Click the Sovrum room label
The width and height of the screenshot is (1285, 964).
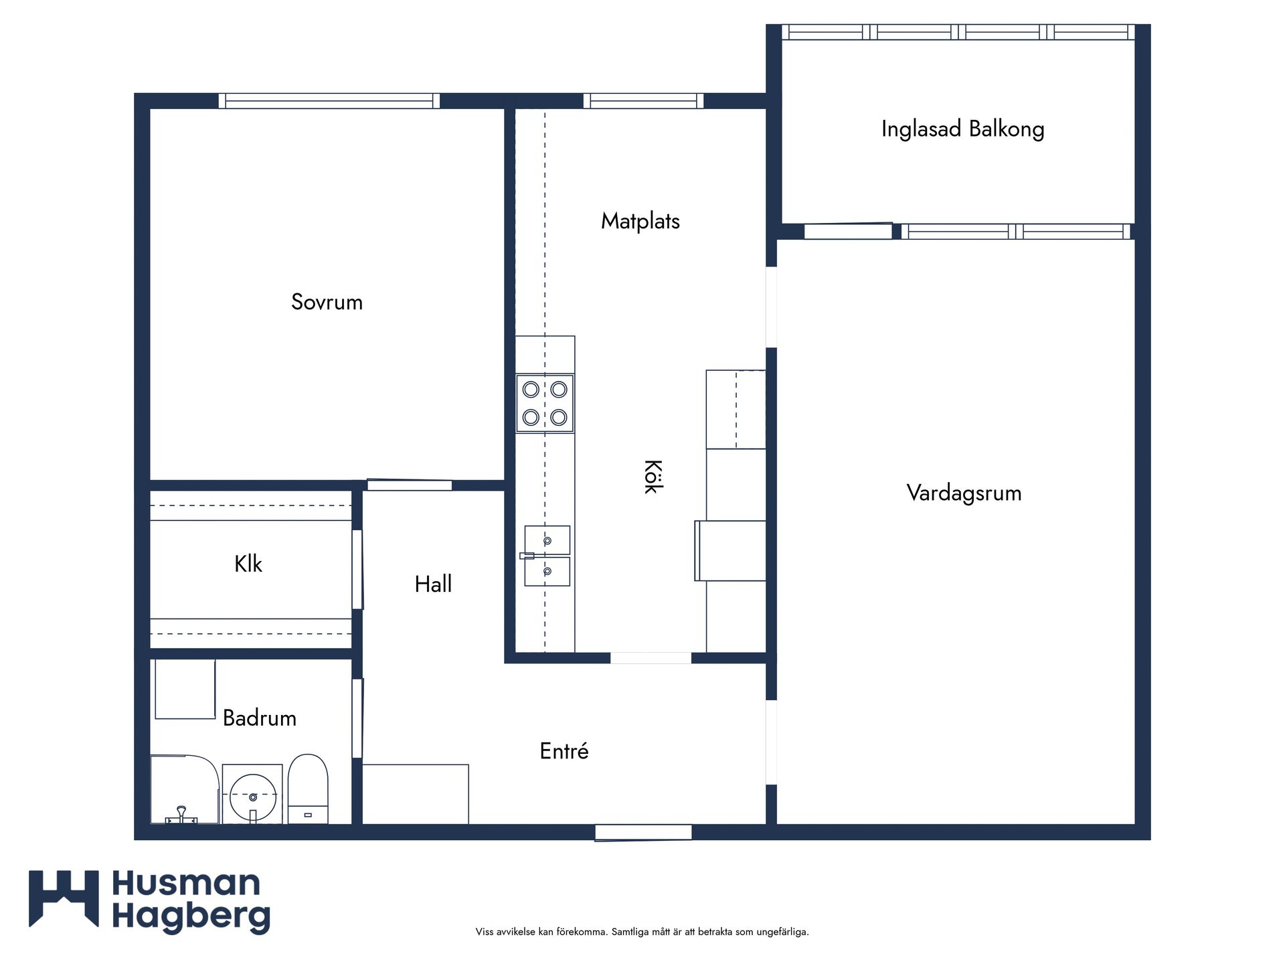pyautogui.click(x=327, y=302)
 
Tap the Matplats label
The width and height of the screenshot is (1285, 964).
pyautogui.click(x=640, y=221)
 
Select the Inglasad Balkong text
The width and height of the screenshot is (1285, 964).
pyautogui.click(x=962, y=129)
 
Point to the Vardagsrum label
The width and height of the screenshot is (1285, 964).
pyautogui.click(x=964, y=493)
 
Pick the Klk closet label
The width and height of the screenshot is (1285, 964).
pyautogui.click(x=248, y=564)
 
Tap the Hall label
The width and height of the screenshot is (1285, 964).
pyautogui.click(x=433, y=584)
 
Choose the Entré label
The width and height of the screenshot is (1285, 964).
pyautogui.click(x=564, y=750)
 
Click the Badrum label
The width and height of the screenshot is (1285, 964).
pyautogui.click(x=260, y=718)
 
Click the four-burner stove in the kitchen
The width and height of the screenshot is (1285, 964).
pyautogui.click(x=545, y=404)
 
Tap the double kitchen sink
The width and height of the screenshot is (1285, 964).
pyautogui.click(x=547, y=556)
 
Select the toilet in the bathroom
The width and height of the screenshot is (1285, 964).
pyautogui.click(x=308, y=789)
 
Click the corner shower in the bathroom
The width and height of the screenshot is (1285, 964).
pyautogui.click(x=185, y=789)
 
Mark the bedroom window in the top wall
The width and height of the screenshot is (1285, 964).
pyautogui.click(x=329, y=101)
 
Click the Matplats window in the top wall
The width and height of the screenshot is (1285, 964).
pyautogui.click(x=644, y=101)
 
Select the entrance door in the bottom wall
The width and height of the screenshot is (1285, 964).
pyautogui.click(x=643, y=833)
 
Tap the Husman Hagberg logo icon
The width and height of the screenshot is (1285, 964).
pyautogui.click(x=64, y=898)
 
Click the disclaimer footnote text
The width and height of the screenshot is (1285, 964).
pyautogui.click(x=642, y=931)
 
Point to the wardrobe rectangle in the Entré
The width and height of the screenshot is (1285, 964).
pyautogui.click(x=416, y=794)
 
